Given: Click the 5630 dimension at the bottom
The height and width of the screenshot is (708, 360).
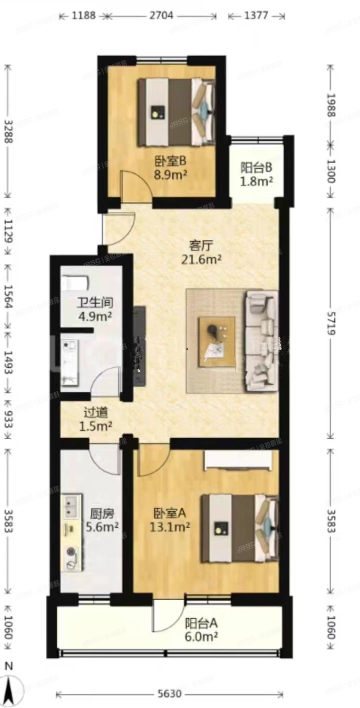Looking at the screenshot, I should click(x=169, y=695).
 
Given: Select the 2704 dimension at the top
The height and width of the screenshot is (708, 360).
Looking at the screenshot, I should click(x=161, y=15).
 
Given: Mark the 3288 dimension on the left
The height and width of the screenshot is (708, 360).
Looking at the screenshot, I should click(x=7, y=131).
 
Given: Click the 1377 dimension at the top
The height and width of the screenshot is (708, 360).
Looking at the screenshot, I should click(x=256, y=15).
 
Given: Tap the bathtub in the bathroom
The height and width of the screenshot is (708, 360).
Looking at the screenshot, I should click(x=74, y=283).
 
